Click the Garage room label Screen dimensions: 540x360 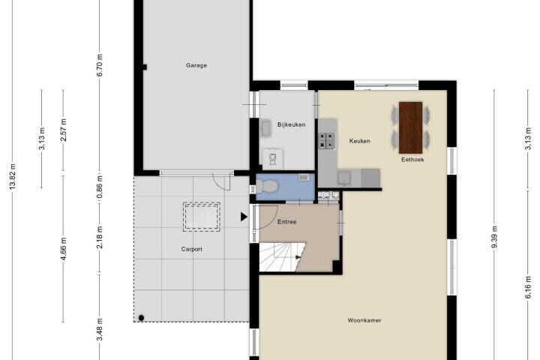coord(196,65)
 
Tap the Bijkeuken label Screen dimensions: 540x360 coord(291,124)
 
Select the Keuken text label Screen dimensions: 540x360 coord(359,141)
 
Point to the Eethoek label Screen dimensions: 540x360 coord(412,160)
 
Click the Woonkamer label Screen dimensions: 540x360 coord(364,320)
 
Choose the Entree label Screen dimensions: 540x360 coord(286,222)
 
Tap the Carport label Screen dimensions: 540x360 coord(192,249)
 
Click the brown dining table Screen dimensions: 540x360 coord(410,127)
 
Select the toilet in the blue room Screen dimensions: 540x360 coord(266,186)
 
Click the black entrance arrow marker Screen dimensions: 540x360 coord(244,217)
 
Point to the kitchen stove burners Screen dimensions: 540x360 coord(327,140)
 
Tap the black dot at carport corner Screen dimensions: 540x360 coord(141,318)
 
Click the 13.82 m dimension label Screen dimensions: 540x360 coord(13,176)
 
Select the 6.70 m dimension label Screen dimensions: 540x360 coord(100,65)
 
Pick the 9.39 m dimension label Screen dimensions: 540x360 coord(494,237)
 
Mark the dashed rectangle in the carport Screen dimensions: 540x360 coord(202,217)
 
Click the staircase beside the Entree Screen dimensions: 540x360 coord(280,257)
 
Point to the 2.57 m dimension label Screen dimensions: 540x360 coord(63,130)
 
